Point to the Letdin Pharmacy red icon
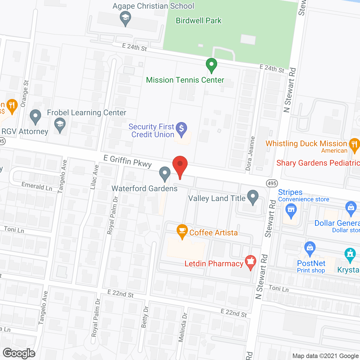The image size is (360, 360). (250, 262)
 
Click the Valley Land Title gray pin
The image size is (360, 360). (253, 197)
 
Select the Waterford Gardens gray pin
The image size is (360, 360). (165, 173)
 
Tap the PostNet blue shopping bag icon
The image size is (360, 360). (310, 248)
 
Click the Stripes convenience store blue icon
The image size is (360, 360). (291, 210)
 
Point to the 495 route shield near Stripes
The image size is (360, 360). (272, 183)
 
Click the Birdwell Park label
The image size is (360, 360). (199, 21)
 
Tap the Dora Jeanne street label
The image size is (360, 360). (250, 153)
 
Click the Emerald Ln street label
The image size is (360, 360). (37, 186)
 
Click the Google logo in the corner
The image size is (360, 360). (19, 353)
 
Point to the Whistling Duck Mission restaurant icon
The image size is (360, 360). (354, 145)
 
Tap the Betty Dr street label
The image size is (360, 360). (145, 317)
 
